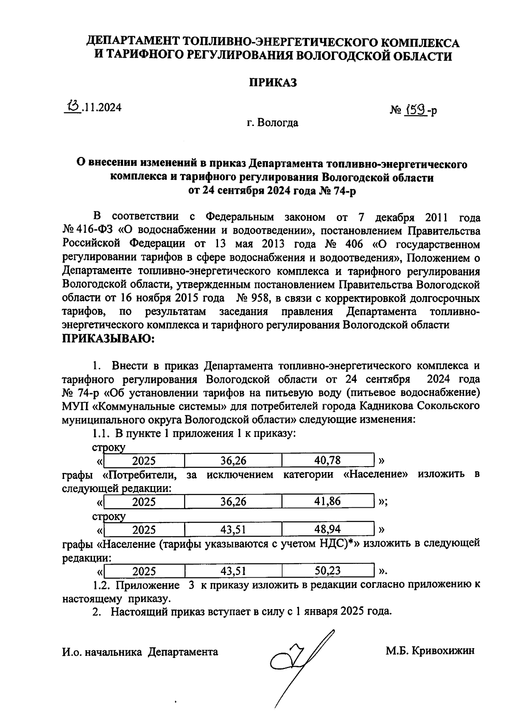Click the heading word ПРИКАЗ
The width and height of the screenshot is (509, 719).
272,82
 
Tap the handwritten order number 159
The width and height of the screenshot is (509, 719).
416,110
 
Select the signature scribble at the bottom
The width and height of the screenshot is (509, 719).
297,662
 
